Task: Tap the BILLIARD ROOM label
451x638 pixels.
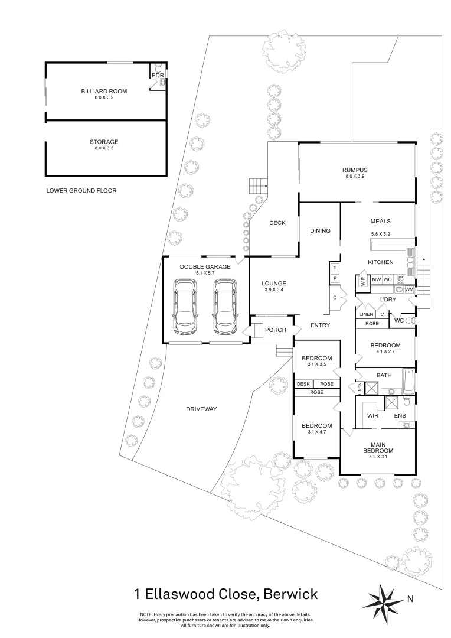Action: coord(104,91)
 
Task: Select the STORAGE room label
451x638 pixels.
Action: coord(104,142)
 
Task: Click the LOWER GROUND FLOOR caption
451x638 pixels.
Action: coord(81,191)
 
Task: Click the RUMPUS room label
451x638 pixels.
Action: coord(354,170)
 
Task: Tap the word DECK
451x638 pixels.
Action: coord(277,223)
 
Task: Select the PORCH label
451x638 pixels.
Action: coord(275,330)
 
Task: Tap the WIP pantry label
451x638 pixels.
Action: coord(362,281)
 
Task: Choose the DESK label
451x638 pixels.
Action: coord(303,384)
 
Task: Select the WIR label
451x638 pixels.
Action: coord(372,416)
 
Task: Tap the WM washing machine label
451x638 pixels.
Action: coord(409,289)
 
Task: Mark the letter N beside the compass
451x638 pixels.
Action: coord(410,599)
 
